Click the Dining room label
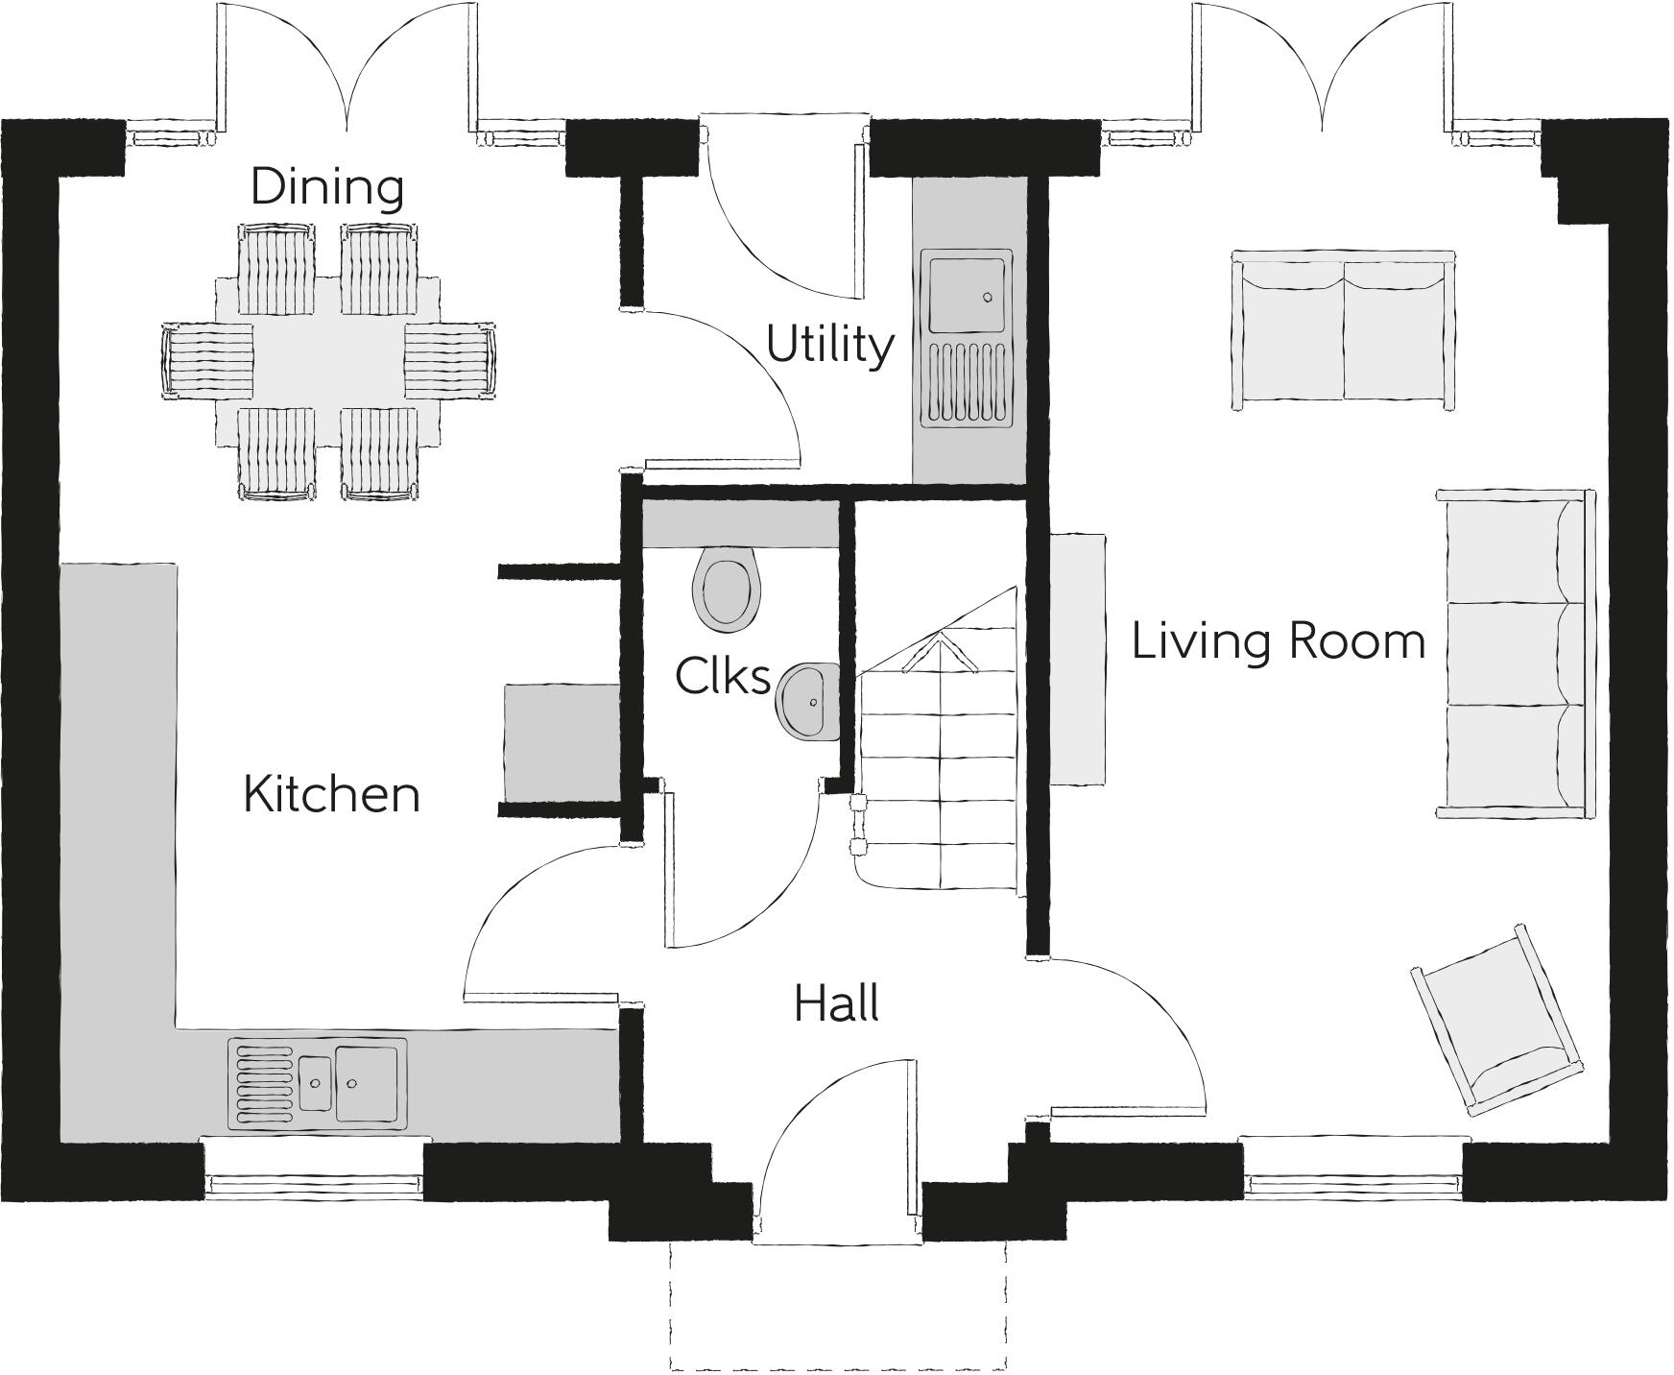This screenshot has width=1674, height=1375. click(326, 186)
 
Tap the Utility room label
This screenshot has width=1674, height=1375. click(829, 345)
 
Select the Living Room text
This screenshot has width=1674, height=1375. click(1279, 640)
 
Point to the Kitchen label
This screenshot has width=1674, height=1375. click(331, 794)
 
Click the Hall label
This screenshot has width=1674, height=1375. click(836, 1004)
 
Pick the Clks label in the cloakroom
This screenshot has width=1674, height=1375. click(722, 676)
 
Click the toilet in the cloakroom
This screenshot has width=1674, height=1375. click(727, 588)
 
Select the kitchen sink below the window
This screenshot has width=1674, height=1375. click(317, 1082)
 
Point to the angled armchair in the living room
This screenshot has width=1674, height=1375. click(1496, 1022)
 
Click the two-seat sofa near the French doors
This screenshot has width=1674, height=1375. click(1343, 329)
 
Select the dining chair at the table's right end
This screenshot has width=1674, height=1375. click(449, 360)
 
